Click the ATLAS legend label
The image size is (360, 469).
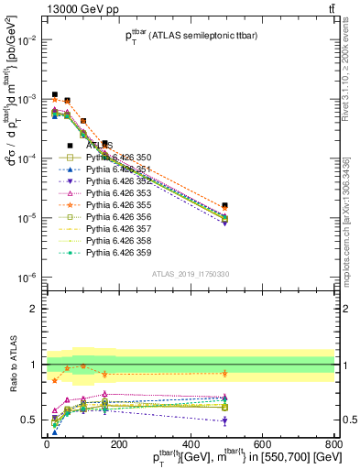[x=99, y=146]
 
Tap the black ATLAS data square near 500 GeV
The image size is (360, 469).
[x=225, y=206]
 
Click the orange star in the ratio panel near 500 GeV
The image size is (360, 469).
[x=225, y=373]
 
